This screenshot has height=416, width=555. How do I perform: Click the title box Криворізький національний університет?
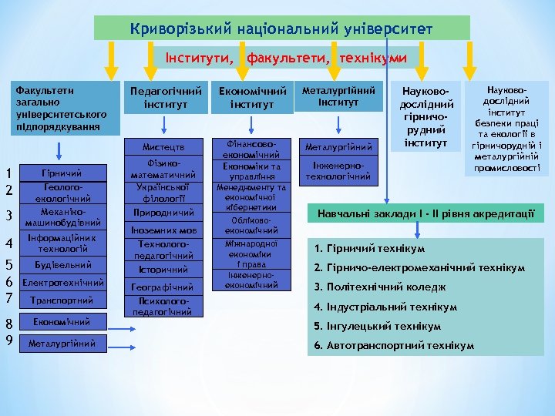(x=281, y=29)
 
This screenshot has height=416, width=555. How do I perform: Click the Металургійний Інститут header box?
(x=338, y=96)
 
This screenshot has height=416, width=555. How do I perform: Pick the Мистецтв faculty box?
(x=163, y=147)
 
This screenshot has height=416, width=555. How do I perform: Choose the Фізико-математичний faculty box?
(x=163, y=170)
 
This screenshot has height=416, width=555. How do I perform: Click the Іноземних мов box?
(x=163, y=230)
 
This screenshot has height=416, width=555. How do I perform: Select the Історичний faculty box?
(x=163, y=270)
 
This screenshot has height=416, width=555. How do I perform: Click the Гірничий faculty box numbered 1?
(x=62, y=173)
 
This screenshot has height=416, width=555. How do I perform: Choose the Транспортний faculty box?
(x=62, y=300)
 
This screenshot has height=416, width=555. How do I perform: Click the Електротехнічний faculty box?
(x=62, y=283)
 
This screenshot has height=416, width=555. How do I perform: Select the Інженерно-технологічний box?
(x=338, y=171)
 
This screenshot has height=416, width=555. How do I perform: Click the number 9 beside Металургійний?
(x=8, y=340)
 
